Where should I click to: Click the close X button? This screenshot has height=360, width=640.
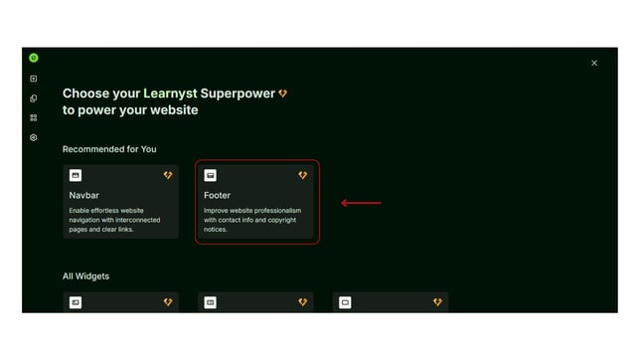(x=594, y=63)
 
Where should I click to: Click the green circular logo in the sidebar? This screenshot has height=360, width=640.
(x=34, y=59)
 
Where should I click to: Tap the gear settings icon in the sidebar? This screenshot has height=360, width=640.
(x=34, y=137)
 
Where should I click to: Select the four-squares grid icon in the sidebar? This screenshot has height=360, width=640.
(x=34, y=117)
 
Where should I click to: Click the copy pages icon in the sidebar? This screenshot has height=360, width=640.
(x=34, y=98)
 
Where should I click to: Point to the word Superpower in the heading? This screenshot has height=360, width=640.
(x=238, y=93)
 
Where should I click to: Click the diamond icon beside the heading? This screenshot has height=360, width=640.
(x=283, y=93)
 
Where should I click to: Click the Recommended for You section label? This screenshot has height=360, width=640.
(x=109, y=149)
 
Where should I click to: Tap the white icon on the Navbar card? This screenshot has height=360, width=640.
(x=76, y=175)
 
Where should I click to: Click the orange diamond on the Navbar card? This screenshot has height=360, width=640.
(x=168, y=175)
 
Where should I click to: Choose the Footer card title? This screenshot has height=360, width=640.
(x=217, y=195)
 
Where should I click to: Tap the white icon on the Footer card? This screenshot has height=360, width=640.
(x=210, y=175)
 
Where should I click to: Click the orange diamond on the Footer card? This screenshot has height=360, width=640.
(x=303, y=175)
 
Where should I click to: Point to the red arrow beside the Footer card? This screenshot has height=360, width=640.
(x=361, y=203)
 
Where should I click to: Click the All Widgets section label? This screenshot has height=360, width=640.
(x=85, y=275)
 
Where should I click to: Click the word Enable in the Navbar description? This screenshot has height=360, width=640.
(x=80, y=211)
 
